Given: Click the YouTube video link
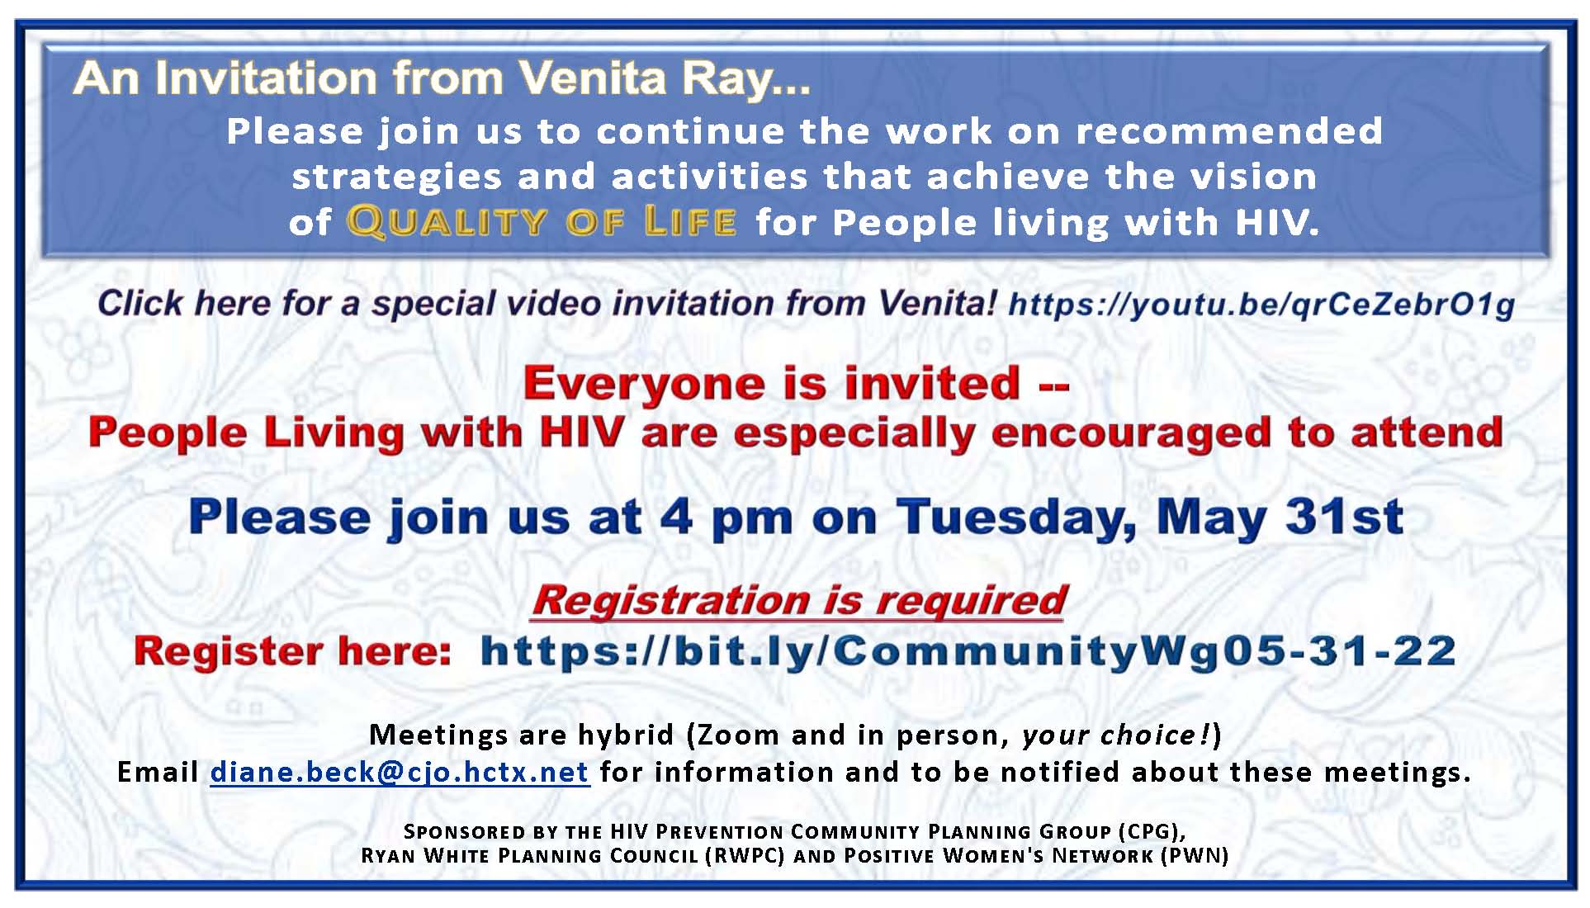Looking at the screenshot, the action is (1261, 305).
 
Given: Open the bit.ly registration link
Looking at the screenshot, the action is (968, 651).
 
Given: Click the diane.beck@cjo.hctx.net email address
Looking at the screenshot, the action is (400, 773).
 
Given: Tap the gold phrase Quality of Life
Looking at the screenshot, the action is (542, 222).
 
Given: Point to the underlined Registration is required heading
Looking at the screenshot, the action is (800, 600).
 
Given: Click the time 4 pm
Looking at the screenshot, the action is (726, 518).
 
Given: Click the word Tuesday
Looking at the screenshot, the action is (1016, 518).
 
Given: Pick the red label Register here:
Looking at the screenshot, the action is (293, 651).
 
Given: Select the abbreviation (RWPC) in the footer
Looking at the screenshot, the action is (745, 856).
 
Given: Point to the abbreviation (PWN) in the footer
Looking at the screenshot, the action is (1195, 856).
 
